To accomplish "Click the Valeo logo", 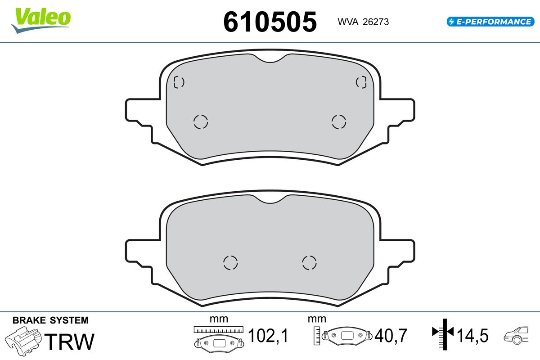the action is click(41, 20).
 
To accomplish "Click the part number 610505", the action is click(270, 22).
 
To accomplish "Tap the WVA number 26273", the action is click(376, 22).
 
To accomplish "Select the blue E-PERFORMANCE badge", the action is click(490, 22).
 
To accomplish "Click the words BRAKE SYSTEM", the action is click(50, 320).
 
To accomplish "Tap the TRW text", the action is click(69, 342).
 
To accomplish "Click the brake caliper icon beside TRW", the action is click(23, 341).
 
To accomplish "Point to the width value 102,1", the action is click(268, 335).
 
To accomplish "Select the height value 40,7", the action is click(391, 335).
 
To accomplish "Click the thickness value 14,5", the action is click(472, 335).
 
